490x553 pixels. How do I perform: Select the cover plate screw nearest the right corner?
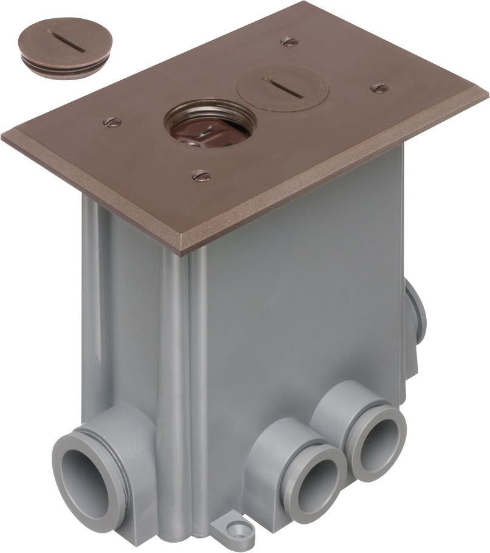click(379, 88)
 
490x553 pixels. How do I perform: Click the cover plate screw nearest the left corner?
click(111, 122)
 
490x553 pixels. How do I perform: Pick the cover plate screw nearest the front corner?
click(201, 176)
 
